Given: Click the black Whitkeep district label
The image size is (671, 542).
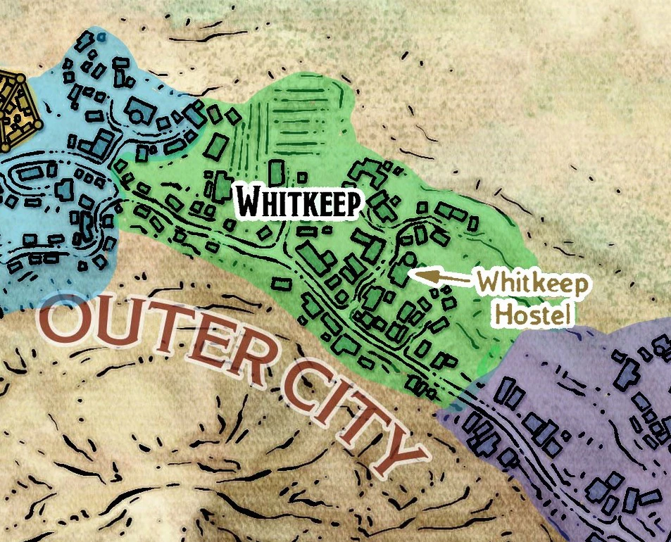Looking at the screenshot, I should pyautogui.click(x=299, y=203).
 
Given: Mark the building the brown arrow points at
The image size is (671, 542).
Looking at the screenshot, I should pyautogui.click(x=401, y=270).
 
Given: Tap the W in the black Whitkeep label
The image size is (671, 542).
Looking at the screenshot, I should pyautogui.click(x=248, y=202).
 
